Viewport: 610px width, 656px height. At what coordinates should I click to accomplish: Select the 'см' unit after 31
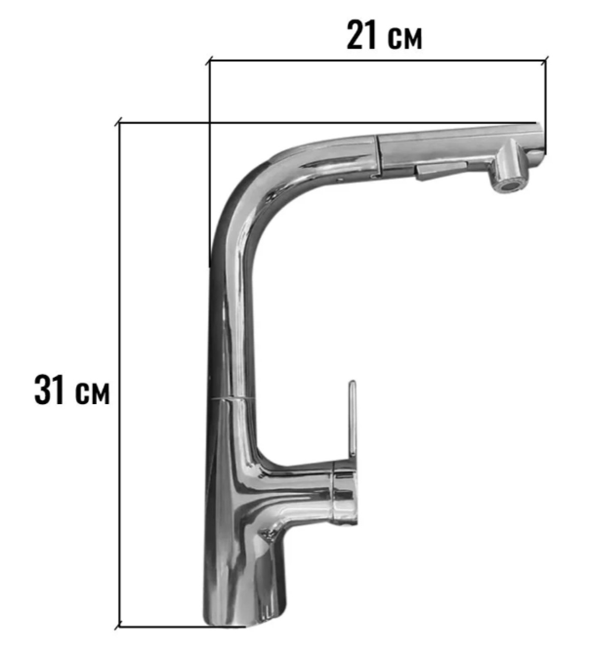click(92, 394)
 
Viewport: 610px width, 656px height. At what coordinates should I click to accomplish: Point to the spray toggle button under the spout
click(440, 170)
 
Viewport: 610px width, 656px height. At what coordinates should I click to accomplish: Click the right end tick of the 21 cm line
click(545, 60)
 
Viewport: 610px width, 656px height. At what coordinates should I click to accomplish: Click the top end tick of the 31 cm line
click(119, 122)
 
